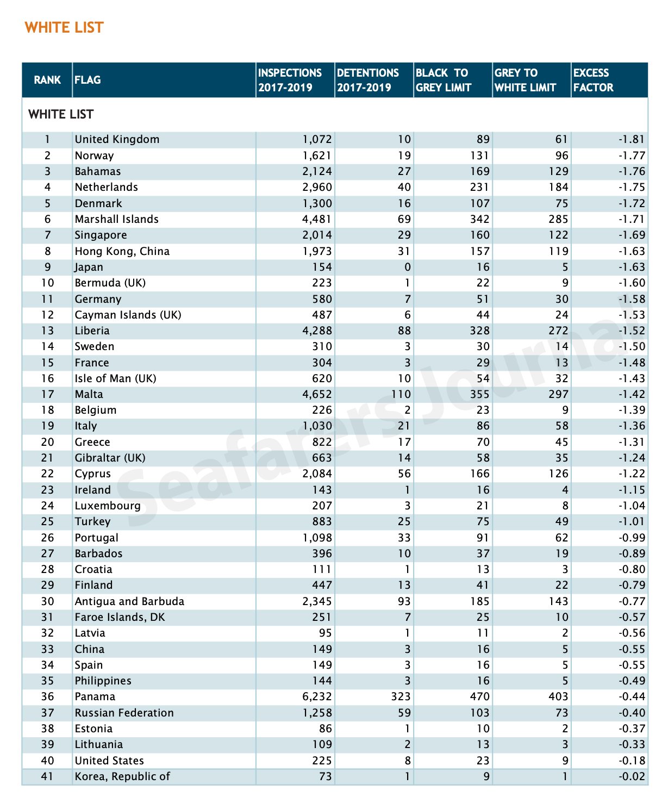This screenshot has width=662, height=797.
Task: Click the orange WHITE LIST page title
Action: (64, 28)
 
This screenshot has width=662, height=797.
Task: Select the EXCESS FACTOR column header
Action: (593, 80)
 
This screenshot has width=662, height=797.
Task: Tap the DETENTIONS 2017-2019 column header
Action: (368, 80)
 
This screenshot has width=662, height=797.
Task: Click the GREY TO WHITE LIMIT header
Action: (525, 80)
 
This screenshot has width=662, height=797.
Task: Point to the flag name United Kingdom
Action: (117, 139)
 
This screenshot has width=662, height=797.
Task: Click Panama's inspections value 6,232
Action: (317, 696)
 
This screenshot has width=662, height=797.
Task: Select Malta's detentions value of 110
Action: (400, 394)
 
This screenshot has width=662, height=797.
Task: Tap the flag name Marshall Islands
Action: (116, 219)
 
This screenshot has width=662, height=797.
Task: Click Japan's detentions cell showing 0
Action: (407, 267)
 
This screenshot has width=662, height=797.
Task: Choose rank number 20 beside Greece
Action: (47, 442)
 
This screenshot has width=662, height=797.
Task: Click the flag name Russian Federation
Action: (124, 713)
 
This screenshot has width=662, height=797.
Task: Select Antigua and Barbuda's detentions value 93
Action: (403, 601)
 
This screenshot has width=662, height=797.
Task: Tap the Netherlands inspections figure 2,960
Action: (317, 187)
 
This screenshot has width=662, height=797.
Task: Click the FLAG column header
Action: (88, 80)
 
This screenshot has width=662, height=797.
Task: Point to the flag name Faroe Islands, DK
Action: (120, 617)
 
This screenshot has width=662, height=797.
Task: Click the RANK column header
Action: (47, 80)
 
